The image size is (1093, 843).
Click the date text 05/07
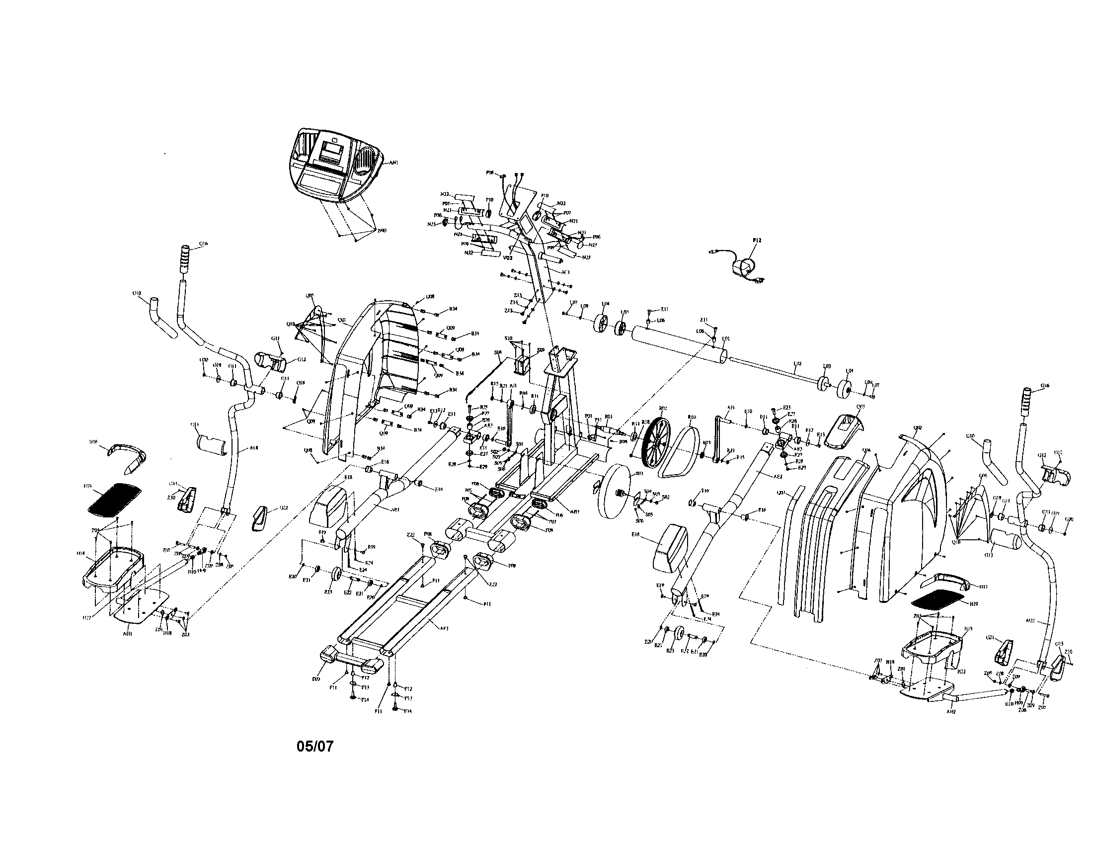click(314, 747)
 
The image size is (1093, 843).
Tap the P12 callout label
click(756, 241)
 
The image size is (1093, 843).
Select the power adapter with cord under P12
click(743, 268)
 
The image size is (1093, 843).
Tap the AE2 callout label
click(777, 477)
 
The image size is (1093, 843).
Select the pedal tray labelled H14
click(111, 568)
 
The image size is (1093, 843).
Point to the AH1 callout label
click(127, 634)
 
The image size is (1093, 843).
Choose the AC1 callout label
click(565, 272)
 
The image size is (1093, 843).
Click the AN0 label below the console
click(382, 231)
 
